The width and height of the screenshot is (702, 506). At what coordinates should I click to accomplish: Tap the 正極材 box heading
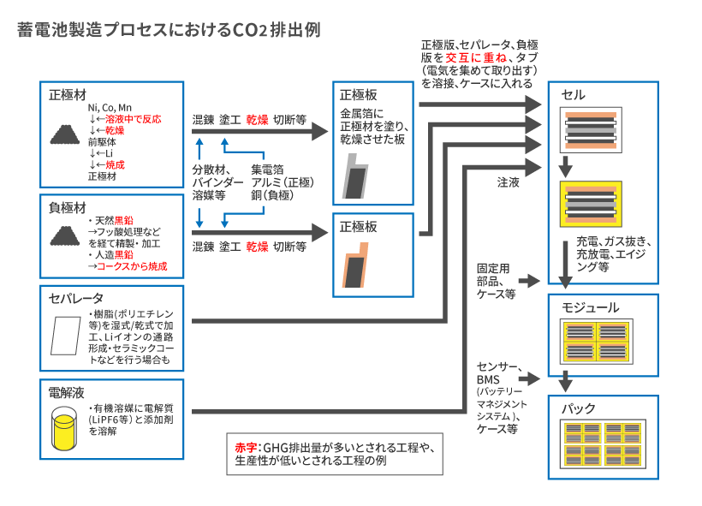[x=67, y=93]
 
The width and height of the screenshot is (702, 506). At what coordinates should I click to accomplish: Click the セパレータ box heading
[x=76, y=298]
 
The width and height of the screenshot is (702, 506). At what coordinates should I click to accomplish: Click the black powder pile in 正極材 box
[x=65, y=134]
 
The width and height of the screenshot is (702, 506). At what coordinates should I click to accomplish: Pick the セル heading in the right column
[x=574, y=94]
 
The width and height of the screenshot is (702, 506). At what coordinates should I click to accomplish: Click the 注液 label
[x=509, y=182]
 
